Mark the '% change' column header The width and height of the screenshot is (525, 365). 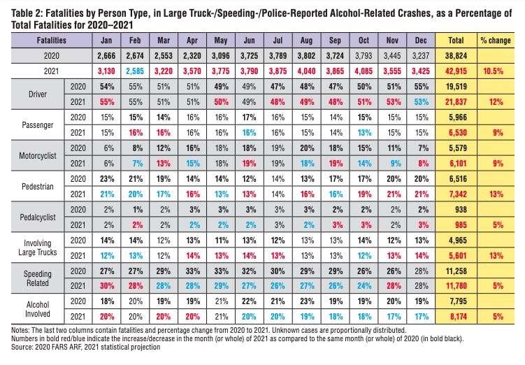click(493, 39)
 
